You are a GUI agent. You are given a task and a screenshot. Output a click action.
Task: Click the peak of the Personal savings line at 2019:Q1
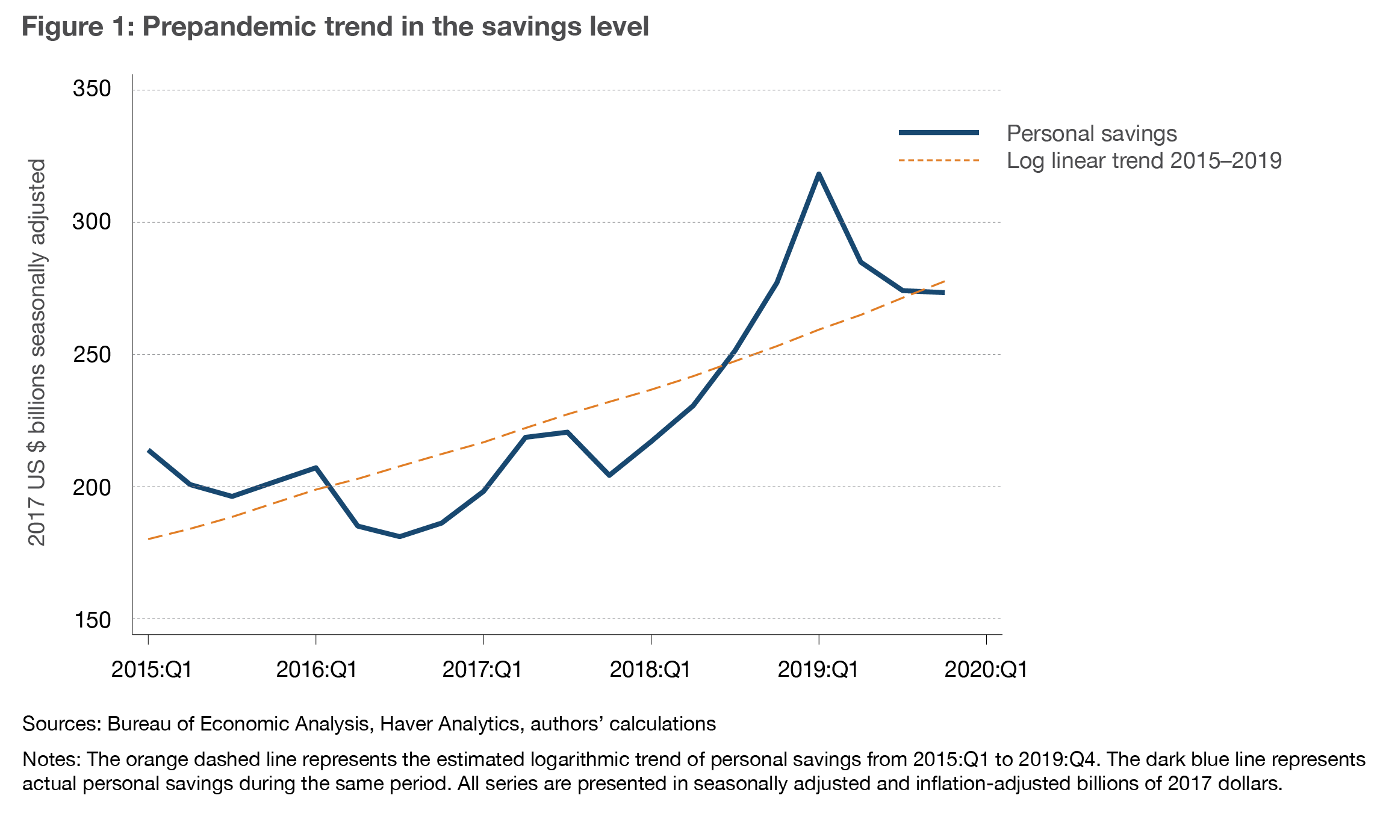tap(818, 174)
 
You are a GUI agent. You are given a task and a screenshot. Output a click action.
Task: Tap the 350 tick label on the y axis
tap(92, 89)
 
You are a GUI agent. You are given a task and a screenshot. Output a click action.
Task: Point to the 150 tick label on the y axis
tap(92, 620)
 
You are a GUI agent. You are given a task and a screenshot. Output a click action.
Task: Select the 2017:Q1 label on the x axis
tap(482, 670)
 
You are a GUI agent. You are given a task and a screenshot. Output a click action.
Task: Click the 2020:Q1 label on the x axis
tap(986, 670)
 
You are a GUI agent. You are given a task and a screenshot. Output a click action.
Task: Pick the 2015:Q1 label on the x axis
tap(151, 670)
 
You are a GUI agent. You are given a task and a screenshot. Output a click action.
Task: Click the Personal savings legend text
tap(1091, 133)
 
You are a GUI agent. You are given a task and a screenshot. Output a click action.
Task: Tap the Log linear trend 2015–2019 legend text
tap(1143, 161)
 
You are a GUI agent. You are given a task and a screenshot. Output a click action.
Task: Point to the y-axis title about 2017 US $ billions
tap(37, 352)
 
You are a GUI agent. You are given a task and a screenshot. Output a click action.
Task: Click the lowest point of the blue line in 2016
tap(400, 536)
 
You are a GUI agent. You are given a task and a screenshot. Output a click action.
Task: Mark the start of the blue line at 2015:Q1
tap(149, 450)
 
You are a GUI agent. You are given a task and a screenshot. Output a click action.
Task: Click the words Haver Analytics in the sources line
tap(450, 723)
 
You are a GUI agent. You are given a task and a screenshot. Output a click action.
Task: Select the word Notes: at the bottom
tap(51, 759)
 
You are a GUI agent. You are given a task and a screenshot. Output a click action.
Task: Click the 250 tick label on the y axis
tap(92, 355)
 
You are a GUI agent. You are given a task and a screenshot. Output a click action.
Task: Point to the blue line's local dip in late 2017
tap(609, 475)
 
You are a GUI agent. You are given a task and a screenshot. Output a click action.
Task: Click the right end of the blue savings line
tap(943, 293)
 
